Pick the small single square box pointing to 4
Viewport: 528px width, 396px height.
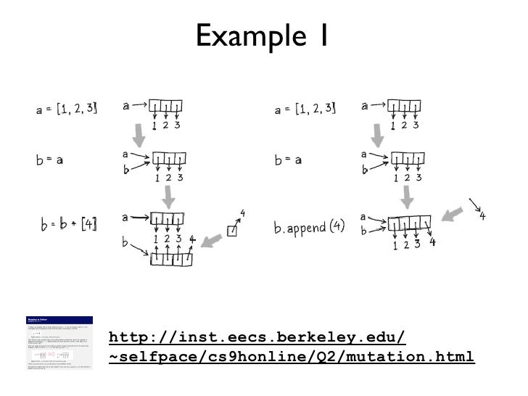click(x=231, y=231)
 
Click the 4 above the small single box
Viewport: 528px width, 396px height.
click(x=242, y=213)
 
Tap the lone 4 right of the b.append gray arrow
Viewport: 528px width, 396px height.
click(x=482, y=215)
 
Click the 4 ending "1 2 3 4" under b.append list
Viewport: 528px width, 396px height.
click(x=432, y=243)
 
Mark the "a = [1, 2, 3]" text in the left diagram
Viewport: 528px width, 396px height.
click(x=66, y=110)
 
